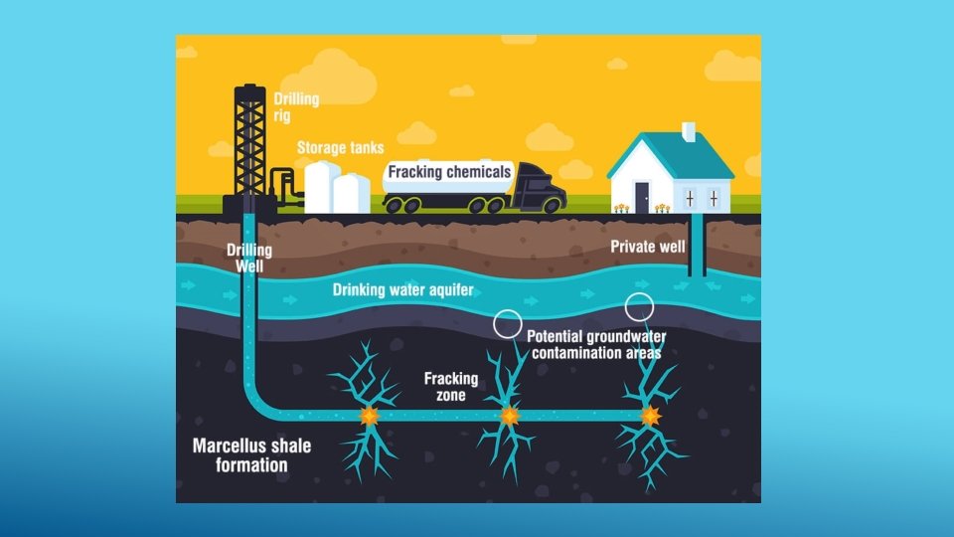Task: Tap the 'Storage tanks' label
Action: (340, 148)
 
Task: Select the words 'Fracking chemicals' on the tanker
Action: (449, 172)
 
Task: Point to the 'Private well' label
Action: (647, 247)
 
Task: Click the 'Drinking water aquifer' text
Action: (402, 290)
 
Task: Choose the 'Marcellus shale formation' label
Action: (251, 455)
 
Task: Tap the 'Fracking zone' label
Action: (451, 386)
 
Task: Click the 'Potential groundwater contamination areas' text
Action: (593, 344)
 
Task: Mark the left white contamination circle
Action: (508, 323)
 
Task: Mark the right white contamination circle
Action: (638, 305)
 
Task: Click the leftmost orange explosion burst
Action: (369, 415)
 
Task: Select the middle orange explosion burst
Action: (509, 415)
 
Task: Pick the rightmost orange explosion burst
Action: (651, 416)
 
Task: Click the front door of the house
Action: (642, 197)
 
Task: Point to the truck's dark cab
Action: (538, 186)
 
